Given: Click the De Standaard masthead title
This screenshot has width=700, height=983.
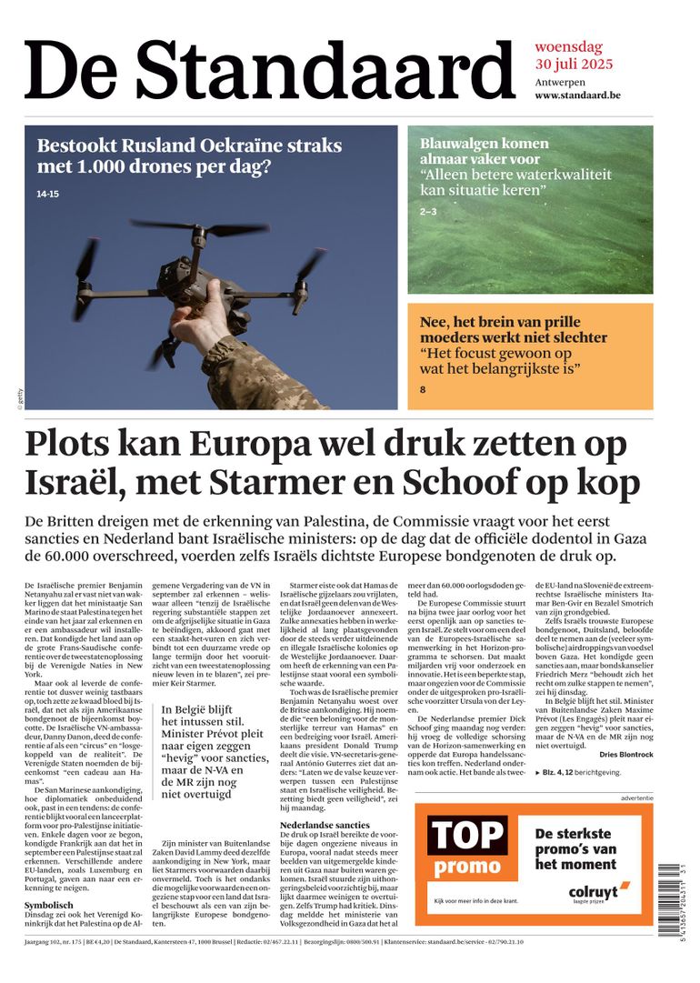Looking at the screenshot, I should [270, 71].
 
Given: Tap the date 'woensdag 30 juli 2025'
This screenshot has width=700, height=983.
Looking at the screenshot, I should [573, 55].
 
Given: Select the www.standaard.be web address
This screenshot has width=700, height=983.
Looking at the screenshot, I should [577, 95].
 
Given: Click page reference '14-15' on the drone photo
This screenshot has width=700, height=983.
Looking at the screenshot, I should [47, 194].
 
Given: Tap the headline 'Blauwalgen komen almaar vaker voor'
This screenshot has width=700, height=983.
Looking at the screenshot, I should [485, 152].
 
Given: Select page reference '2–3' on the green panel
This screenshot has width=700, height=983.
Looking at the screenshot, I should [428, 212].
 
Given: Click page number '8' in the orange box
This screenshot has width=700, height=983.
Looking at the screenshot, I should [423, 390].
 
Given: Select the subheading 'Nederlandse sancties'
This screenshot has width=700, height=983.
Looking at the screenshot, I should [325, 825].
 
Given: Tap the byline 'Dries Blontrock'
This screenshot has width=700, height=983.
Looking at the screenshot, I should [626, 755].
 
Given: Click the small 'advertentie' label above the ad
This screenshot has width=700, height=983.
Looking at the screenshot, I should [636, 797].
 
